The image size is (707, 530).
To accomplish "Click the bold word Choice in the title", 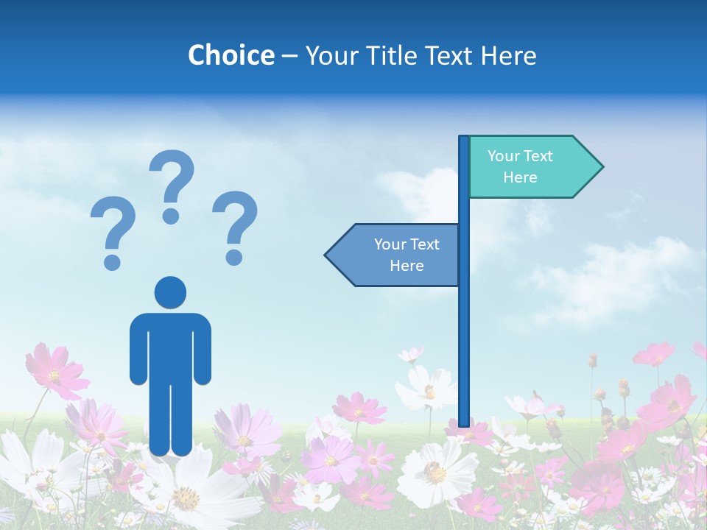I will click(231, 55).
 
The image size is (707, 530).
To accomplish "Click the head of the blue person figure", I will click(170, 292).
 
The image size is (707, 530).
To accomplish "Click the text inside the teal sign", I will click(520, 166).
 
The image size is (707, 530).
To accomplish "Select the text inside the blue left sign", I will click(407, 255).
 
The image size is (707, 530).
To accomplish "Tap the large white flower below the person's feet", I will click(188, 493).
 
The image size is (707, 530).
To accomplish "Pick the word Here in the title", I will click(507, 55).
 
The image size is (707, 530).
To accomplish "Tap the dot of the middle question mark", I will click(172, 215).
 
